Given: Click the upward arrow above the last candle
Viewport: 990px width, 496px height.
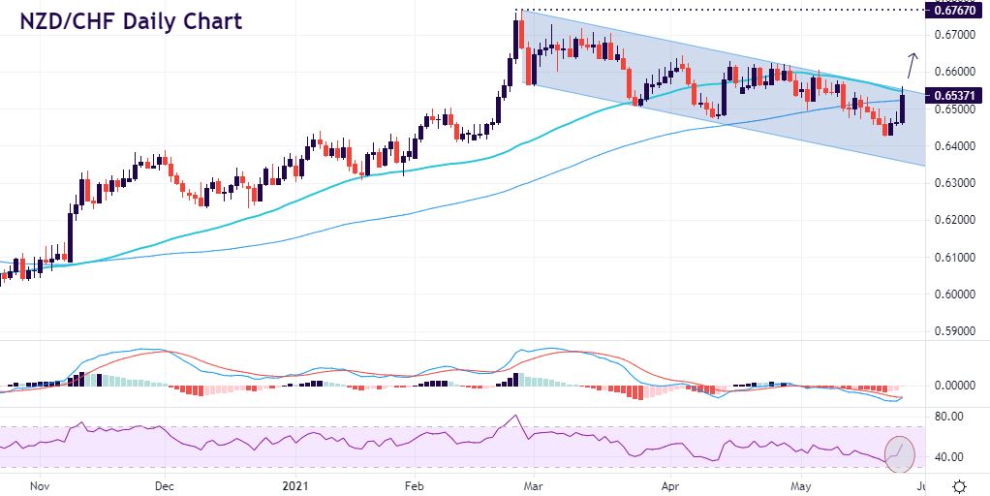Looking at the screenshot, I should tap(912, 65).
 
